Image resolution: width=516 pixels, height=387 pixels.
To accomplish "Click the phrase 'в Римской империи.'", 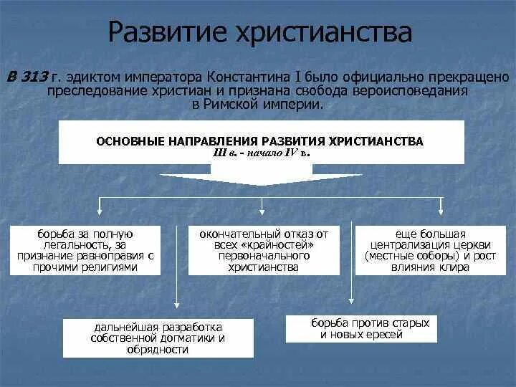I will [258, 105].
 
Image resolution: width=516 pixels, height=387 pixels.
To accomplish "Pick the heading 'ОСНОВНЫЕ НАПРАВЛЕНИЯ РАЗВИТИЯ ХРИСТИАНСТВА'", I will [259, 141].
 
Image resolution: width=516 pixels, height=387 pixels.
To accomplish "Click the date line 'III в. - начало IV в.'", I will [262, 153].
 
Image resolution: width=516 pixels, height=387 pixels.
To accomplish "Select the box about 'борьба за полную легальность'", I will [85, 250].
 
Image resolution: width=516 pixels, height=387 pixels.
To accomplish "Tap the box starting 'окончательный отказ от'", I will [263, 250].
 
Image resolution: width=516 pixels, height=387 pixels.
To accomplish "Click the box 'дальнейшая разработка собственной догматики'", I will [158, 338].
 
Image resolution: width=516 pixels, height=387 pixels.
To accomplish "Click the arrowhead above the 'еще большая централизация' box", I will [439, 213].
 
